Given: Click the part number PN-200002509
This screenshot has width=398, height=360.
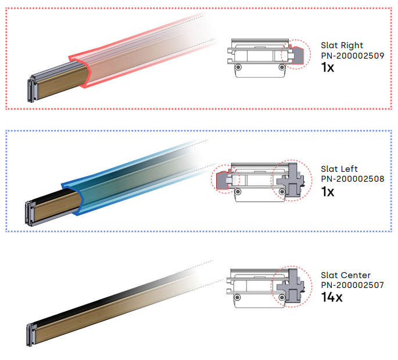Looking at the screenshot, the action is [x=353, y=56].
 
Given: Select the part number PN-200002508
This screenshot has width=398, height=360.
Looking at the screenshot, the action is [x=353, y=179].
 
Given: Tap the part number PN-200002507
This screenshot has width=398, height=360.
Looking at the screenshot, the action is [x=353, y=285].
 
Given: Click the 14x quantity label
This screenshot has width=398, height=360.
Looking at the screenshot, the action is [x=332, y=297].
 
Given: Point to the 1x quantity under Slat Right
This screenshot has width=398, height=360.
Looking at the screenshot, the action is [x=328, y=67].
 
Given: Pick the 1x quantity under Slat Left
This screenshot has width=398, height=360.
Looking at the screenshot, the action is [x=328, y=192].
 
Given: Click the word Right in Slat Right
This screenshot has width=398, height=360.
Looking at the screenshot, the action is [x=352, y=46].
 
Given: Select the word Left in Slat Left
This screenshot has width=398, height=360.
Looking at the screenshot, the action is [x=349, y=169].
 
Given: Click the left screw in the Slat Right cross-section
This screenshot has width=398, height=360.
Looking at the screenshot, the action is [x=238, y=67].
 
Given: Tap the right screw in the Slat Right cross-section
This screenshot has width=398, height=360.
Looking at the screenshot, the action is [x=281, y=67].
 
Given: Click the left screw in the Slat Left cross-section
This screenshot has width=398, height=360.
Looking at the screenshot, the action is [x=238, y=192].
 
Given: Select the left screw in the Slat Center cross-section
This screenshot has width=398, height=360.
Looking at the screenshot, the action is [x=237, y=297].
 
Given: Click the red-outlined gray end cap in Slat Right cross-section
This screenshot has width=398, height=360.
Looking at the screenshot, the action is [x=297, y=55].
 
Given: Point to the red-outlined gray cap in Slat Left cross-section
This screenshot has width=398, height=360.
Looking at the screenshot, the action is [x=222, y=180].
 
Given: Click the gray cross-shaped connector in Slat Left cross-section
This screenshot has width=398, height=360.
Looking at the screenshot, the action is [x=291, y=181].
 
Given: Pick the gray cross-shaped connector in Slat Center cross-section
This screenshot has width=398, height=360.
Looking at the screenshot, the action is [x=291, y=286].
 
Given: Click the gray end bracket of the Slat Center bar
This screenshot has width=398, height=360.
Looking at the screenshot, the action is [x=31, y=336].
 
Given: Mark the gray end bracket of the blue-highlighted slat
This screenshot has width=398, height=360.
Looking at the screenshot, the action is [x=30, y=213].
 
